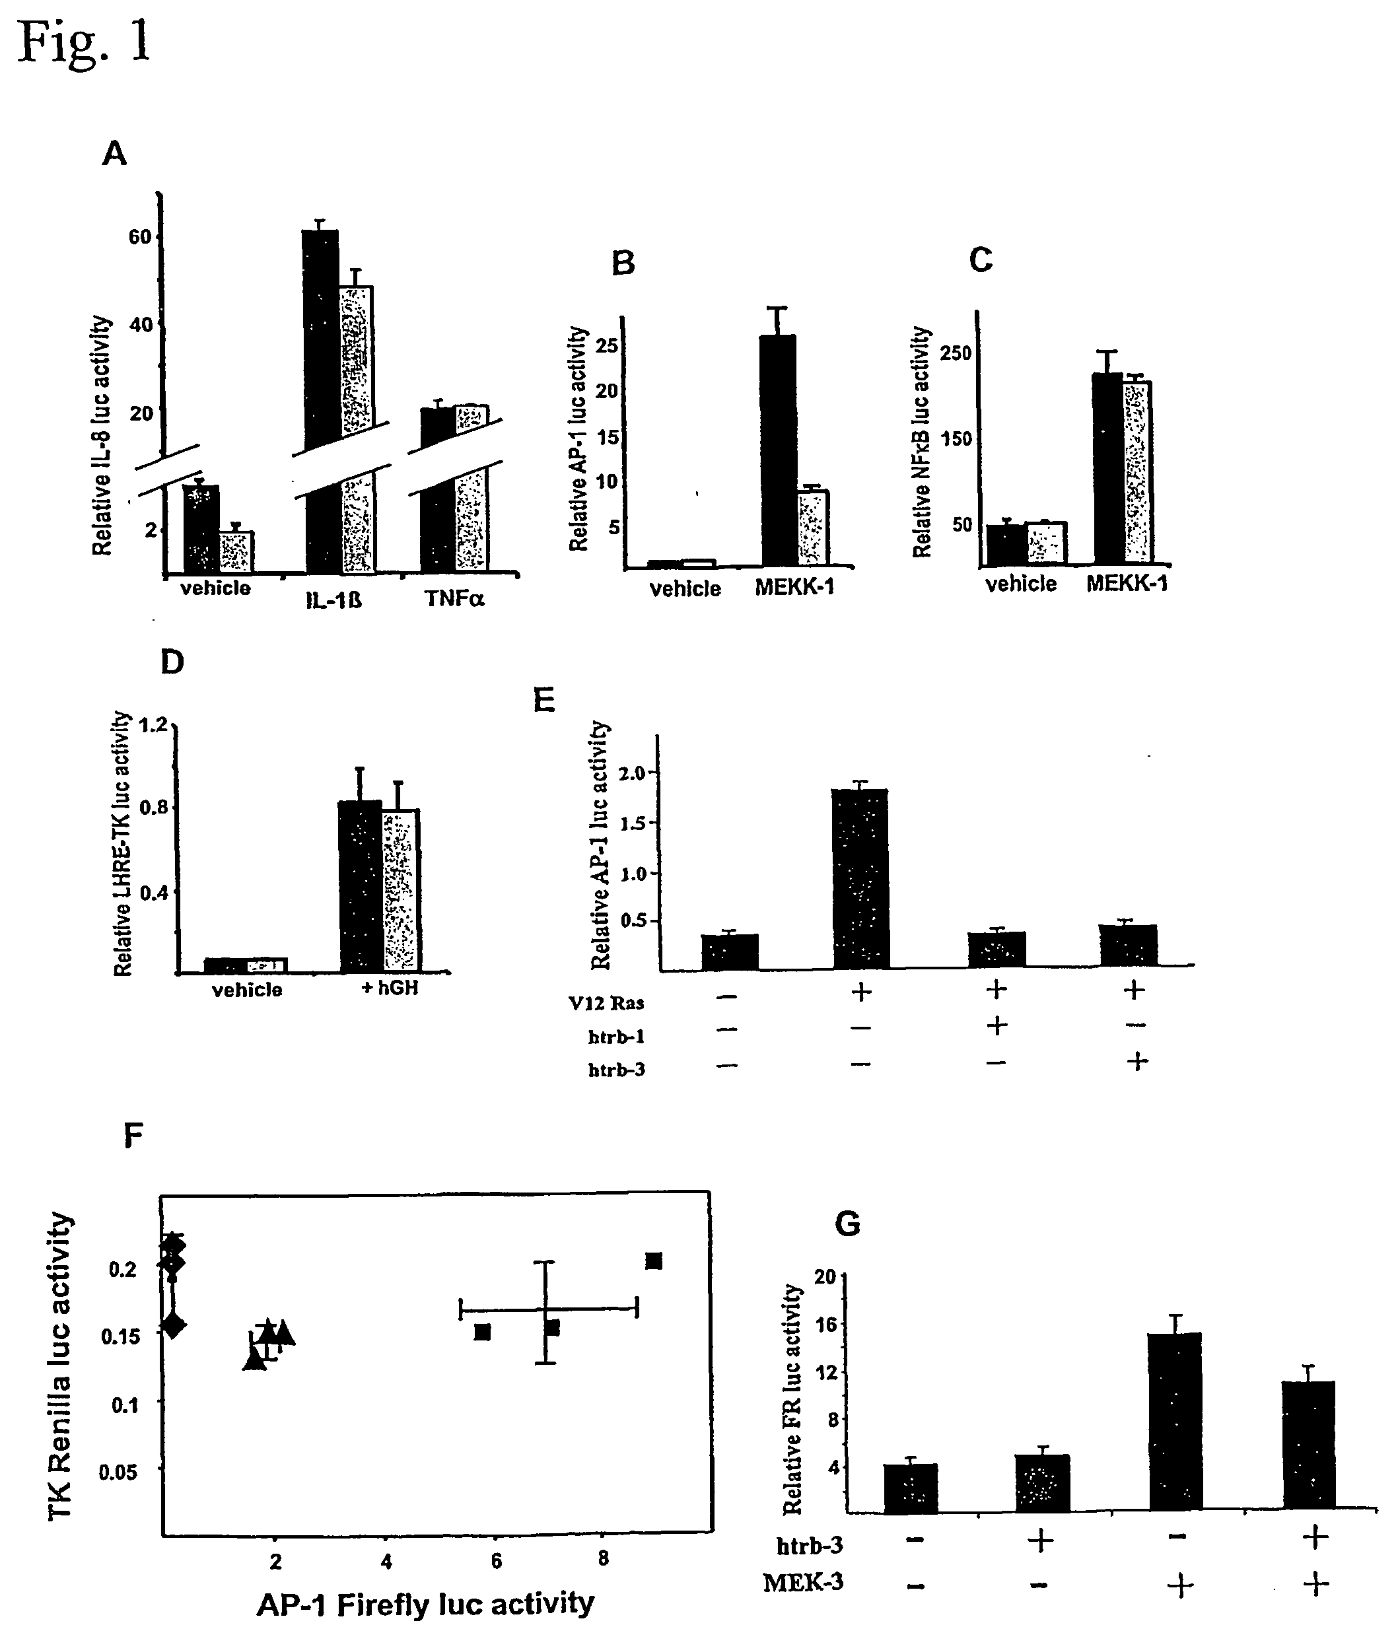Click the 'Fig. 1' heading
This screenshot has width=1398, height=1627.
click(84, 42)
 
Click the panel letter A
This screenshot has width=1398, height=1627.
click(115, 154)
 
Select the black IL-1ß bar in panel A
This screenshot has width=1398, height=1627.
click(321, 400)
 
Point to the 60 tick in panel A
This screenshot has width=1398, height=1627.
click(139, 236)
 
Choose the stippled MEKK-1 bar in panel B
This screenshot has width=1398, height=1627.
click(813, 527)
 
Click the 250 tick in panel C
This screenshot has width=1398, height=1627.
click(956, 353)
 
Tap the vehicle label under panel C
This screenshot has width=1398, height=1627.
click(1021, 584)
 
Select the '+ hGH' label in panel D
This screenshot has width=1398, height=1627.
click(390, 987)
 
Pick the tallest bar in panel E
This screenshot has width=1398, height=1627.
click(861, 879)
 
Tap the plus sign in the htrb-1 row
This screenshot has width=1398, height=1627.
click(996, 1025)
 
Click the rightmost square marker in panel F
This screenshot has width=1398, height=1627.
click(654, 1261)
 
